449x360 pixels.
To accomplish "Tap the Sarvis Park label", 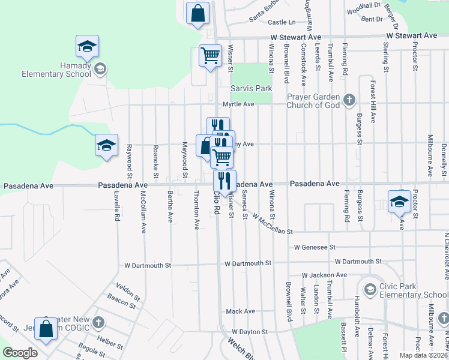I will click(x=252, y=89).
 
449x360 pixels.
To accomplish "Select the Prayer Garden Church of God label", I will click(x=313, y=101).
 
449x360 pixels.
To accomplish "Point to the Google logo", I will click(x=20, y=353).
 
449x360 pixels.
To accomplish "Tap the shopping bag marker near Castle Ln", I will click(x=198, y=13).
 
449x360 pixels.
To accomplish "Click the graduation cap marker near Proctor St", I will click(x=399, y=203).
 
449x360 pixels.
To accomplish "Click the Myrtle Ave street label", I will click(x=239, y=104).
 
